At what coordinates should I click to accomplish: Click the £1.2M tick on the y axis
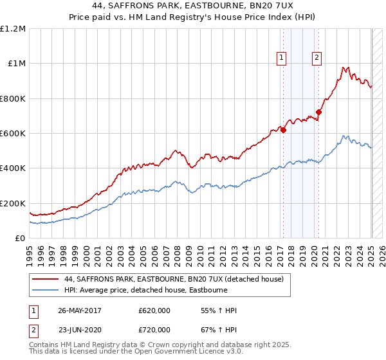[x=14, y=29]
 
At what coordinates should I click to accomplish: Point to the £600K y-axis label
[x=13, y=134]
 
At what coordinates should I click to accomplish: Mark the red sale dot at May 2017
[x=282, y=130]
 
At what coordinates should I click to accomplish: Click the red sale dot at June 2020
[x=318, y=113]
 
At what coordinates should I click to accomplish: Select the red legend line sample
[x=45, y=279]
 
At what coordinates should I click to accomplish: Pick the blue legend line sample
[x=45, y=290]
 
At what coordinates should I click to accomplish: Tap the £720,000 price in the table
[x=154, y=329]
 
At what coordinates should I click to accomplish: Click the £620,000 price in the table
[x=154, y=310]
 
